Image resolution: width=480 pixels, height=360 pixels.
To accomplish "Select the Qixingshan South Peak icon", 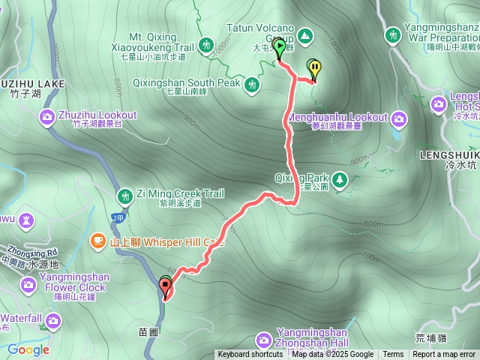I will point(252,82).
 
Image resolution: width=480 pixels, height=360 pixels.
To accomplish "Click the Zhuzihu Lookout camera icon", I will point(47,116).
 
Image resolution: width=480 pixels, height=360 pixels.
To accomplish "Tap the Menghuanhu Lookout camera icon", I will point(397,118).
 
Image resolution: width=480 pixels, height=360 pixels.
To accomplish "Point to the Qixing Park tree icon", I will point(340,179).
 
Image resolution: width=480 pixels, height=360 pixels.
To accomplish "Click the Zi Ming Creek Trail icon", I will point(125,195).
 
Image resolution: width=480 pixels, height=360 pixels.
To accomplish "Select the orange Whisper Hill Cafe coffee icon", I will point(97,241).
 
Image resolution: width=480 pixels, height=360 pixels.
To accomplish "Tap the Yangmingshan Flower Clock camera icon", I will point(28,284).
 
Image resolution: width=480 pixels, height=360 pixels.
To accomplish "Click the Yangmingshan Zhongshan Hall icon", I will point(263,340).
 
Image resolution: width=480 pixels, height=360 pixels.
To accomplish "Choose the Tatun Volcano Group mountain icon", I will point(305,35).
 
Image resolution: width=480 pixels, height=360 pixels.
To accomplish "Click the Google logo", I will point(28,349).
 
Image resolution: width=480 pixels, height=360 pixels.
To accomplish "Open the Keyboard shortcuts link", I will point(250,355).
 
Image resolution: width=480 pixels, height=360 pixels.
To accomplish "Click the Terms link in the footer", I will point(393,355).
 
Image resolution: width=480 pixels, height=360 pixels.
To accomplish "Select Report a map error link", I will point(444,355).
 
